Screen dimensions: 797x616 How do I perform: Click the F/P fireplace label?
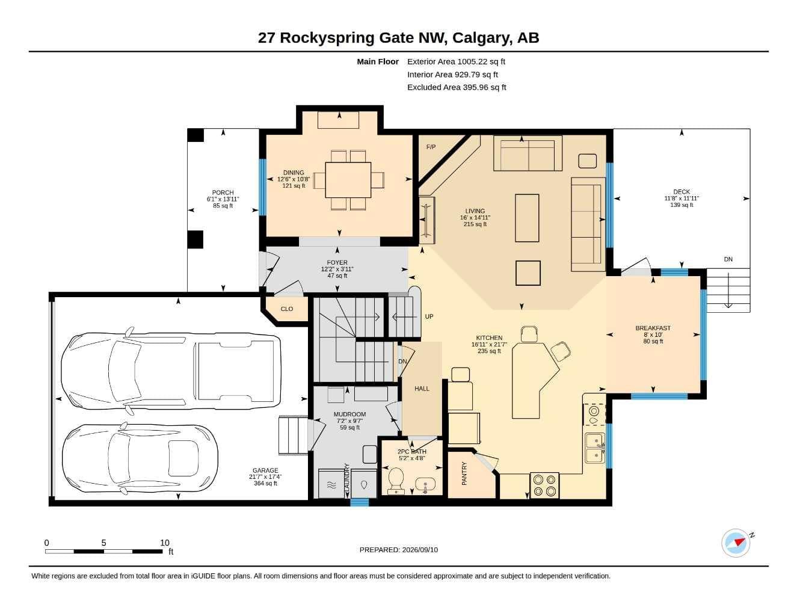431,147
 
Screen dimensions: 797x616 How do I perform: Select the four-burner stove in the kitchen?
544,485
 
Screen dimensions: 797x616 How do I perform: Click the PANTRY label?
464,473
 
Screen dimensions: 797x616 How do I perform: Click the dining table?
348,180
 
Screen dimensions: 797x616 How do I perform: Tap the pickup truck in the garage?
171,371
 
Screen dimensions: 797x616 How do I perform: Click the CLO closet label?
287,309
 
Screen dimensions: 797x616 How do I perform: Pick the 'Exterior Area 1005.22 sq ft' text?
456,61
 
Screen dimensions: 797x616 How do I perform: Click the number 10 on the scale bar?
165,543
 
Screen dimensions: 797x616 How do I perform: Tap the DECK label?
682,192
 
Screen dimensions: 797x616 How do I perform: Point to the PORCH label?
223,192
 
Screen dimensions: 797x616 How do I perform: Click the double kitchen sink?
594,448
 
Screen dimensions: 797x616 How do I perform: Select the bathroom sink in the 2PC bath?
425,484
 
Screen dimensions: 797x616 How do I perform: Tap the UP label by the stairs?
429,316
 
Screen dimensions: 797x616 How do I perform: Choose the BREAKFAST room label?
653,328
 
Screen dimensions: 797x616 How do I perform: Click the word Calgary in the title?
482,38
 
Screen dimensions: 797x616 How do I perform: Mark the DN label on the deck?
728,259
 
